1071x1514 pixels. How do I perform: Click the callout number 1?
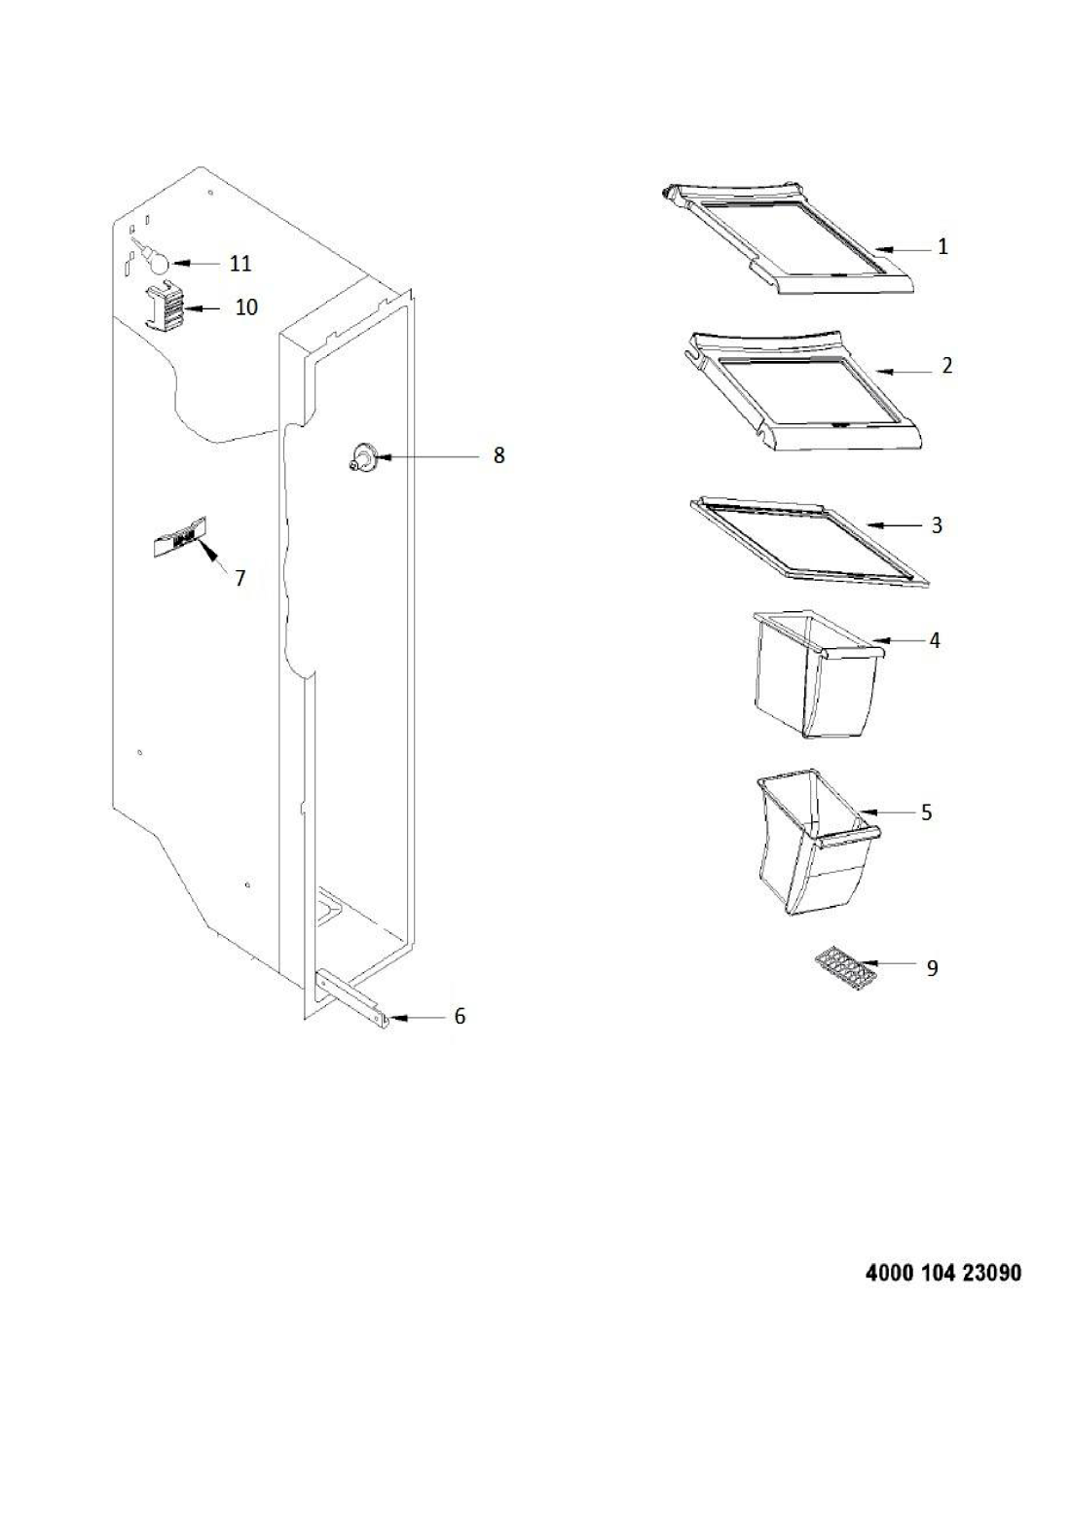[x=943, y=247]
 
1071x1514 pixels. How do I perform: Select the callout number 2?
[x=946, y=366]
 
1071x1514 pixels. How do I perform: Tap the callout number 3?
[x=937, y=525]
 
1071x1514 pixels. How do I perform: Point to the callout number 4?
[x=935, y=640]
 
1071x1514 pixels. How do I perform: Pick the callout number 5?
[x=926, y=811]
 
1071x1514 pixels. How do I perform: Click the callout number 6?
[x=460, y=1016]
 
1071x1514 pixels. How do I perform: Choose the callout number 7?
[x=240, y=578]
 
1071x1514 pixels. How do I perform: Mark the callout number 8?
[x=499, y=455]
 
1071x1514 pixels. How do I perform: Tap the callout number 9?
[x=933, y=968]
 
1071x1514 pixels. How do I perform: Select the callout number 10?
[x=246, y=306]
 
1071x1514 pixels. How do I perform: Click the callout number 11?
[x=240, y=263]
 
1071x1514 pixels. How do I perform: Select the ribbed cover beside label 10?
[x=166, y=306]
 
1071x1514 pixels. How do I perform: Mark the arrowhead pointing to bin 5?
[x=866, y=811]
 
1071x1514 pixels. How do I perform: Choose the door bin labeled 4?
[x=819, y=674]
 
